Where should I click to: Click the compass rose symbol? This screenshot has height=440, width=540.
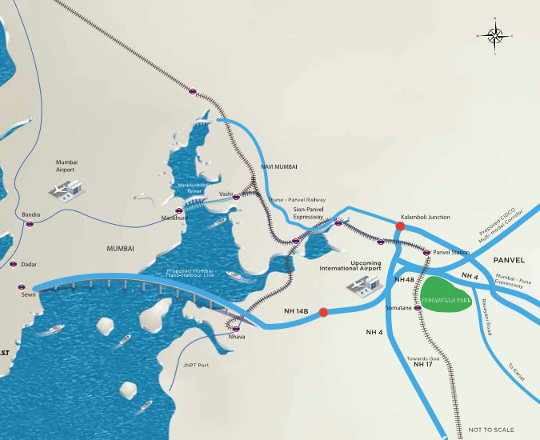[495, 35]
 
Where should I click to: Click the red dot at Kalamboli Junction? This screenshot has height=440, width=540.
[400, 226]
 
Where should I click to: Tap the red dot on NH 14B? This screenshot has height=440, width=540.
[323, 312]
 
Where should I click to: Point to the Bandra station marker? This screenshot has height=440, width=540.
[30, 225]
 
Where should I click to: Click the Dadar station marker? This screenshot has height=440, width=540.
[13, 264]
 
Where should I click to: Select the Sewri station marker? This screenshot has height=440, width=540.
[20, 286]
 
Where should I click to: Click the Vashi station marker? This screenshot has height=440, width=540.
[237, 196]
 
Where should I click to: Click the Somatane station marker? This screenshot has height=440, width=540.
[418, 307]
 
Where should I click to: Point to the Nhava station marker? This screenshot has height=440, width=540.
[235, 328]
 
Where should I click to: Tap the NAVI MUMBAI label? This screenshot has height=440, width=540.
[279, 166]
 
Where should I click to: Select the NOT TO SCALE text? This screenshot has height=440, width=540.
[489, 430]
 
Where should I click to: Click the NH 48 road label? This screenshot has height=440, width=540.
[405, 280]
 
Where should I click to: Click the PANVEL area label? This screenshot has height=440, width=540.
[508, 260]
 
